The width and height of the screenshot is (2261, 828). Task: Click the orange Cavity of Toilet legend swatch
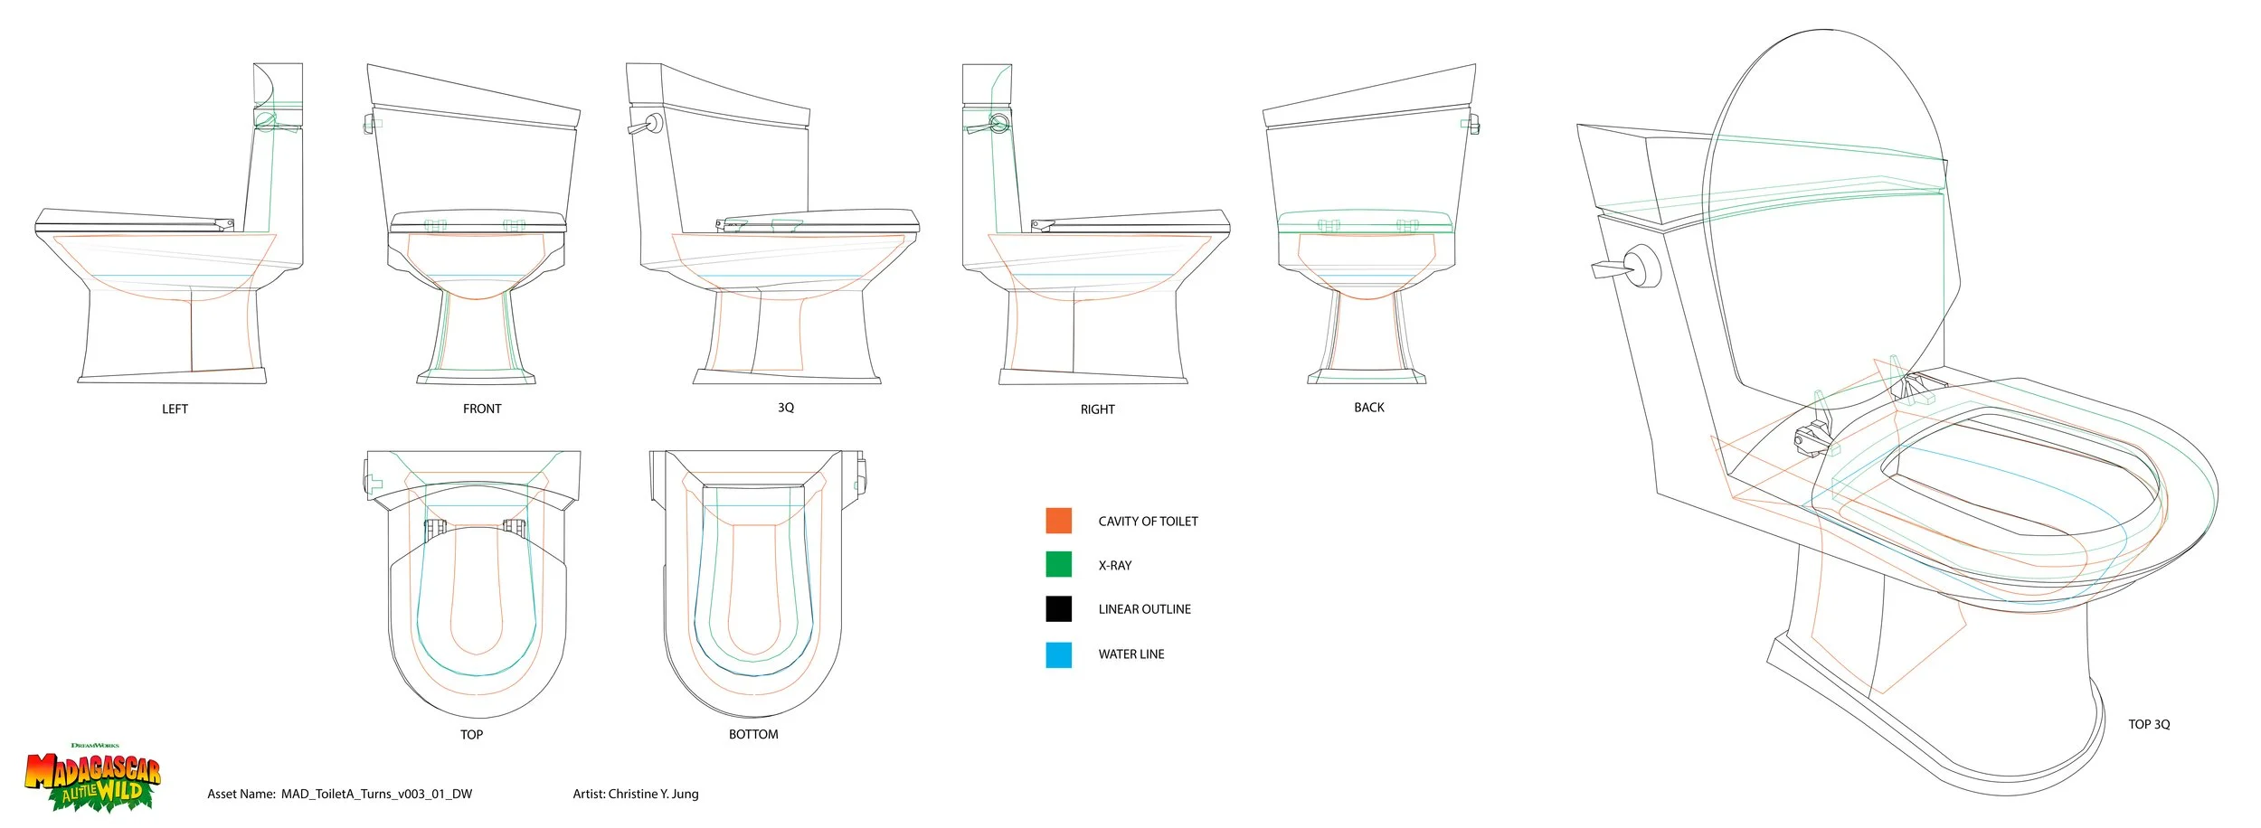click(x=1058, y=521)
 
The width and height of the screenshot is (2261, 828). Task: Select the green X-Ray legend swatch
click(x=1058, y=564)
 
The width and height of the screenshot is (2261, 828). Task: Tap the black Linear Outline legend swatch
click(x=1058, y=608)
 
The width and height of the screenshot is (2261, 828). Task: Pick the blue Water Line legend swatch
click(x=1058, y=654)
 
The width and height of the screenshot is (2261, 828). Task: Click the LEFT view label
click(x=175, y=409)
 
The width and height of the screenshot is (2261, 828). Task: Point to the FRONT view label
click(x=482, y=409)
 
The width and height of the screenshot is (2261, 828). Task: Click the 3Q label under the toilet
click(x=786, y=408)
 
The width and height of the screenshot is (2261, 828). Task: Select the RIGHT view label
click(x=1097, y=409)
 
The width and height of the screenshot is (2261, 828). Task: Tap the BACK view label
click(x=1368, y=408)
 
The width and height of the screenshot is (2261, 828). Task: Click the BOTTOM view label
click(x=753, y=735)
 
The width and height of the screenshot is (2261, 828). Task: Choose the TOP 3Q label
click(x=2148, y=725)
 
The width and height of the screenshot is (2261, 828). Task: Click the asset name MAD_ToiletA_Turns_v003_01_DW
click(x=376, y=795)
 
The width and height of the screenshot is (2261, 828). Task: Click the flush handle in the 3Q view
click(x=644, y=126)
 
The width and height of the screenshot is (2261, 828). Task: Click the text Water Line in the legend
click(x=1130, y=654)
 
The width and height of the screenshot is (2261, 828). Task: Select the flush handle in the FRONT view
click(x=370, y=122)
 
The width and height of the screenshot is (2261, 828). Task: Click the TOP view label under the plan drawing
click(x=471, y=735)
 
